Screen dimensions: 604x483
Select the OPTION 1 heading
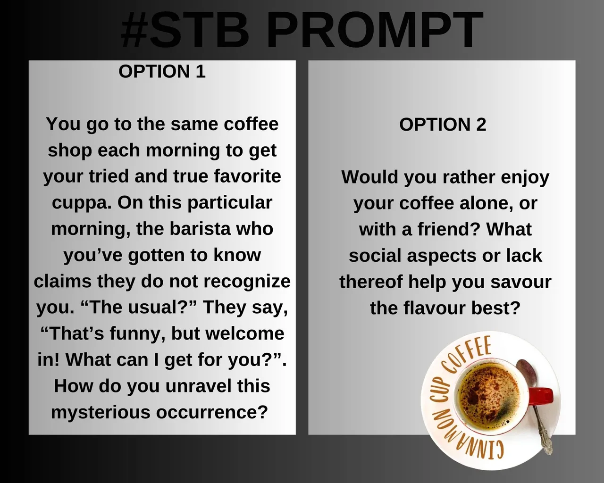tap(162, 71)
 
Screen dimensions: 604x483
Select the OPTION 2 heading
tap(443, 125)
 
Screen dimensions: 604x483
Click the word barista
tap(201, 229)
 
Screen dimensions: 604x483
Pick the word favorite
tap(247, 176)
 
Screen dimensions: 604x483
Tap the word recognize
tap(247, 282)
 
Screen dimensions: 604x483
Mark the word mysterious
tap(101, 413)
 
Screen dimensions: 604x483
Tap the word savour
tap(521, 282)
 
